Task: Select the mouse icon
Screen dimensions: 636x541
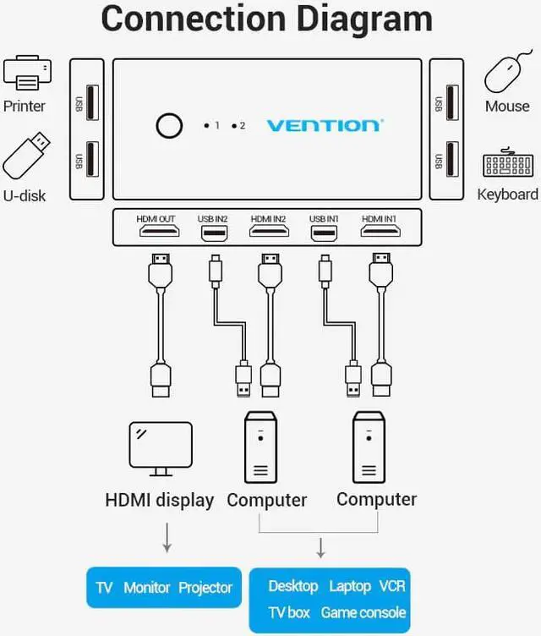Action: pos(507,74)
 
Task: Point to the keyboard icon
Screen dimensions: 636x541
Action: pos(507,163)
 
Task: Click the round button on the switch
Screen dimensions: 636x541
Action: pos(169,125)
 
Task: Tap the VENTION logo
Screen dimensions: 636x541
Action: pos(325,126)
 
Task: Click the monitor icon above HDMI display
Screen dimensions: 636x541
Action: pos(160,446)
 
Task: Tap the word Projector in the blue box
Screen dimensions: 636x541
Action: pos(205,587)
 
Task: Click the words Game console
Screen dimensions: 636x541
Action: pos(363,611)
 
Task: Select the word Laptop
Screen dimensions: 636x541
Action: pos(350,585)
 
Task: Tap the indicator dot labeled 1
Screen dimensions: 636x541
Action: pos(205,126)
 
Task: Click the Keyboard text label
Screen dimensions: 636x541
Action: pos(507,195)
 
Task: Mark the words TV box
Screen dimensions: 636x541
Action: pos(289,611)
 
